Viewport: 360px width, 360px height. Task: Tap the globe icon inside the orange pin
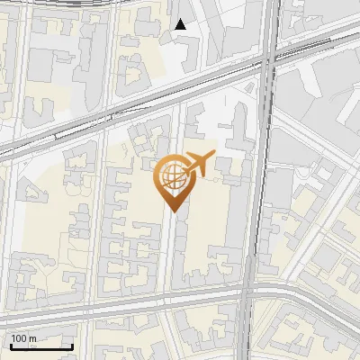coord(172,174)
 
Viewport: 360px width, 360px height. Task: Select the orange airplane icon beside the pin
coord(200,164)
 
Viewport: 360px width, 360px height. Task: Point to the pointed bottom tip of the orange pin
coord(172,212)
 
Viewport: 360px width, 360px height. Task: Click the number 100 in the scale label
coord(19,338)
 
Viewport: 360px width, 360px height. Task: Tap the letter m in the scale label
coord(32,338)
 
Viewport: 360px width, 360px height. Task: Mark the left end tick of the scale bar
coord(11,346)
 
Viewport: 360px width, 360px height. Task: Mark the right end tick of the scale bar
coord(72,346)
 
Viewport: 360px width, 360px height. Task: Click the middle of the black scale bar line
coord(41,347)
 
